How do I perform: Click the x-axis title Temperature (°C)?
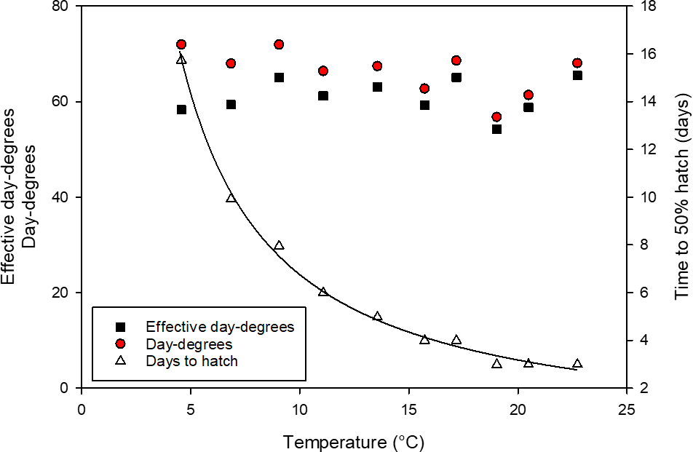353,442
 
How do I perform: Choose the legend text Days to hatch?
191,360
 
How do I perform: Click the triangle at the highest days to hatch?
181,60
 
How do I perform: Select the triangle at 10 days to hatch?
231,198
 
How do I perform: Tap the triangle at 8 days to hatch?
279,246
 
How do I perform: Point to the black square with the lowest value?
496,129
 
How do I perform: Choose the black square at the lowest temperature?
181,109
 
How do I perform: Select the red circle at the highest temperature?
577,63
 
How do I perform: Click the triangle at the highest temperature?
577,364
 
